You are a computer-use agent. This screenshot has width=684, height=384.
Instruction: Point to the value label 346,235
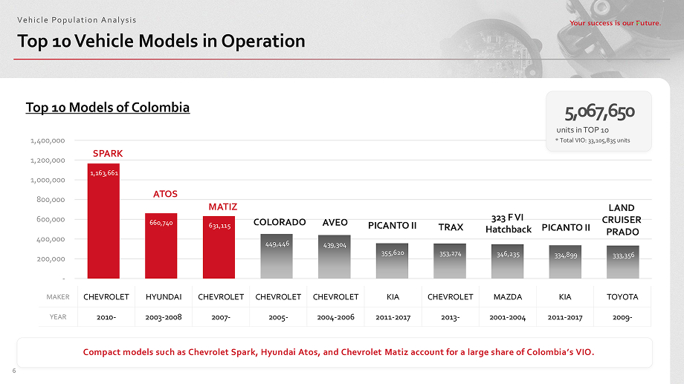point(508,254)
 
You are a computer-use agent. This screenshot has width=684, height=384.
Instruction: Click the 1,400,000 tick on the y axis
point(48,140)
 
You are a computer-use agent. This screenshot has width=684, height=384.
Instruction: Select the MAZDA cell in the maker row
point(508,296)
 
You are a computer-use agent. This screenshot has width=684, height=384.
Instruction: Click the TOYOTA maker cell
point(622,296)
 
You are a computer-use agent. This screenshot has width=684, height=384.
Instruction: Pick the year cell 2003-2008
point(164,316)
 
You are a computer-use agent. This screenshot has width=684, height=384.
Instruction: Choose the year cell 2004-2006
point(335,316)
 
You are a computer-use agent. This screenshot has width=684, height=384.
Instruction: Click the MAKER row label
point(57,297)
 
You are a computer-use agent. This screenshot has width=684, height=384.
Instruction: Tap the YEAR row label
point(59,316)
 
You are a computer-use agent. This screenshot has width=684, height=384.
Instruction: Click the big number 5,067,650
point(598,112)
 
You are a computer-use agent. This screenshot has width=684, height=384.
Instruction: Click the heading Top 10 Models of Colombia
point(108,108)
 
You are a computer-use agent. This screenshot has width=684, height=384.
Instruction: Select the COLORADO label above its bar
point(280,222)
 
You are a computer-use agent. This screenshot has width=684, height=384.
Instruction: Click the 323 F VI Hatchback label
point(508,224)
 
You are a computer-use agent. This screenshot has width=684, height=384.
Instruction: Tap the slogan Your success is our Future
point(615,23)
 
